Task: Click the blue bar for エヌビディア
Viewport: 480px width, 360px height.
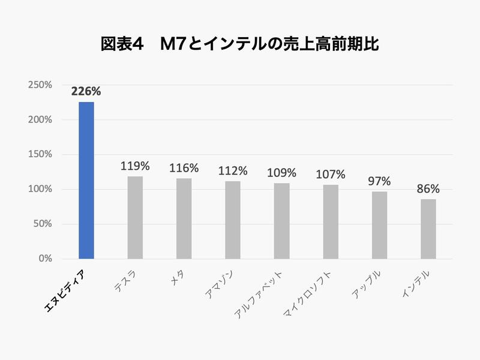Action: (86, 180)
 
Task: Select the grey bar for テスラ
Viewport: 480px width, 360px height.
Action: (135, 217)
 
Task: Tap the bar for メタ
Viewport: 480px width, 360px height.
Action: (184, 218)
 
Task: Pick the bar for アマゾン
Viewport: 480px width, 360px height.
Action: (233, 220)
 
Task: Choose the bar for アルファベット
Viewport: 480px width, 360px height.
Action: (281, 221)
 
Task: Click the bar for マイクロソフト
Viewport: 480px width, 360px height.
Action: (331, 221)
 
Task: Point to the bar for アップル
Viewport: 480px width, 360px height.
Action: (379, 225)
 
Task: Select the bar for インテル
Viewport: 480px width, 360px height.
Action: (428, 229)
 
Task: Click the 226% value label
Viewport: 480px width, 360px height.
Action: (86, 92)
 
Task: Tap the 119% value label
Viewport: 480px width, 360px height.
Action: (135, 166)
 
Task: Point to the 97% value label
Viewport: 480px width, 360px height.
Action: (379, 181)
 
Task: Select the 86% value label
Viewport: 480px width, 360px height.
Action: (428, 189)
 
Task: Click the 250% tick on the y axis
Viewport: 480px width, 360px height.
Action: (40, 85)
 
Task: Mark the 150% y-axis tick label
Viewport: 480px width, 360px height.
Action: (40, 155)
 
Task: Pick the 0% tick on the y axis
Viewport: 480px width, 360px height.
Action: (46, 259)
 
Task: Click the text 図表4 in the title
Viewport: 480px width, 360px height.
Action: (122, 45)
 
